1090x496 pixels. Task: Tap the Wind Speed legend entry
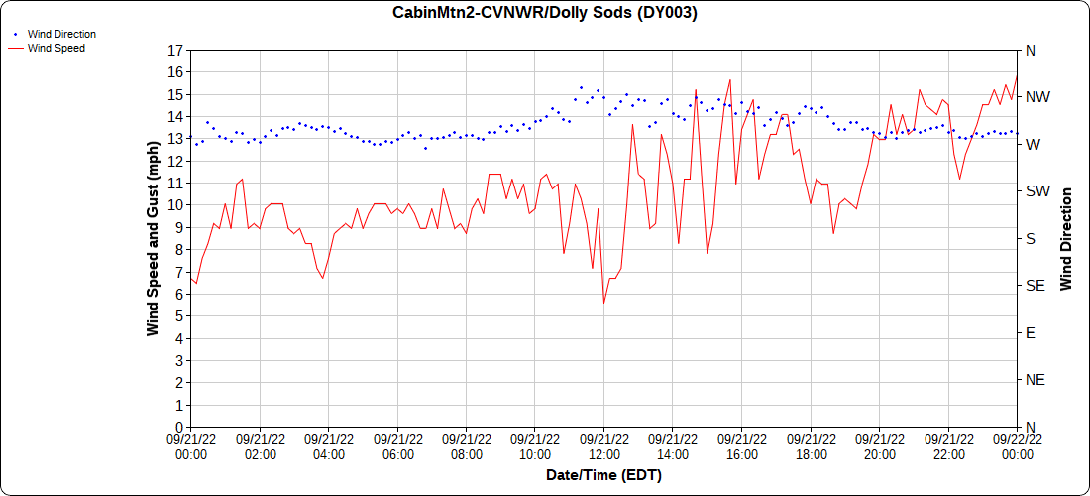point(55,48)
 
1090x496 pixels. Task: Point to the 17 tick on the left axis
point(175,50)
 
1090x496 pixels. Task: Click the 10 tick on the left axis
point(175,205)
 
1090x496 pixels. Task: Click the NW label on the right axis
point(1036,97)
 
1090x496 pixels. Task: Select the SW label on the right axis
point(1036,191)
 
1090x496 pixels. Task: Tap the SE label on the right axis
point(1035,286)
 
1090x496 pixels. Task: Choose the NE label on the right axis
point(1035,380)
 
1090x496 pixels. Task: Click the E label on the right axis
point(1030,332)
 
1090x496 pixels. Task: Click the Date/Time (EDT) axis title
point(603,475)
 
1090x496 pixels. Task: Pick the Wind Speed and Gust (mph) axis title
point(153,238)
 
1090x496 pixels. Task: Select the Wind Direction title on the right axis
point(1067,238)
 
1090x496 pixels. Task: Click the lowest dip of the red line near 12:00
point(603,303)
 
